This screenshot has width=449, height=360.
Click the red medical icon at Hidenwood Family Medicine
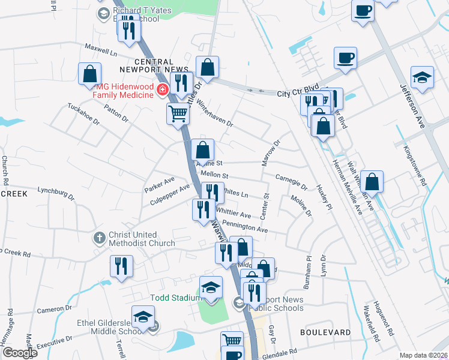(x=161, y=90)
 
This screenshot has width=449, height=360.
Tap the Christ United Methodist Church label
(x=142, y=239)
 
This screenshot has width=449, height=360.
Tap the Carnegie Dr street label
(x=291, y=181)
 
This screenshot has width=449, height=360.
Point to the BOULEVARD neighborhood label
(x=326, y=332)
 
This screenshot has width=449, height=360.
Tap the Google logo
(x=20, y=352)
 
